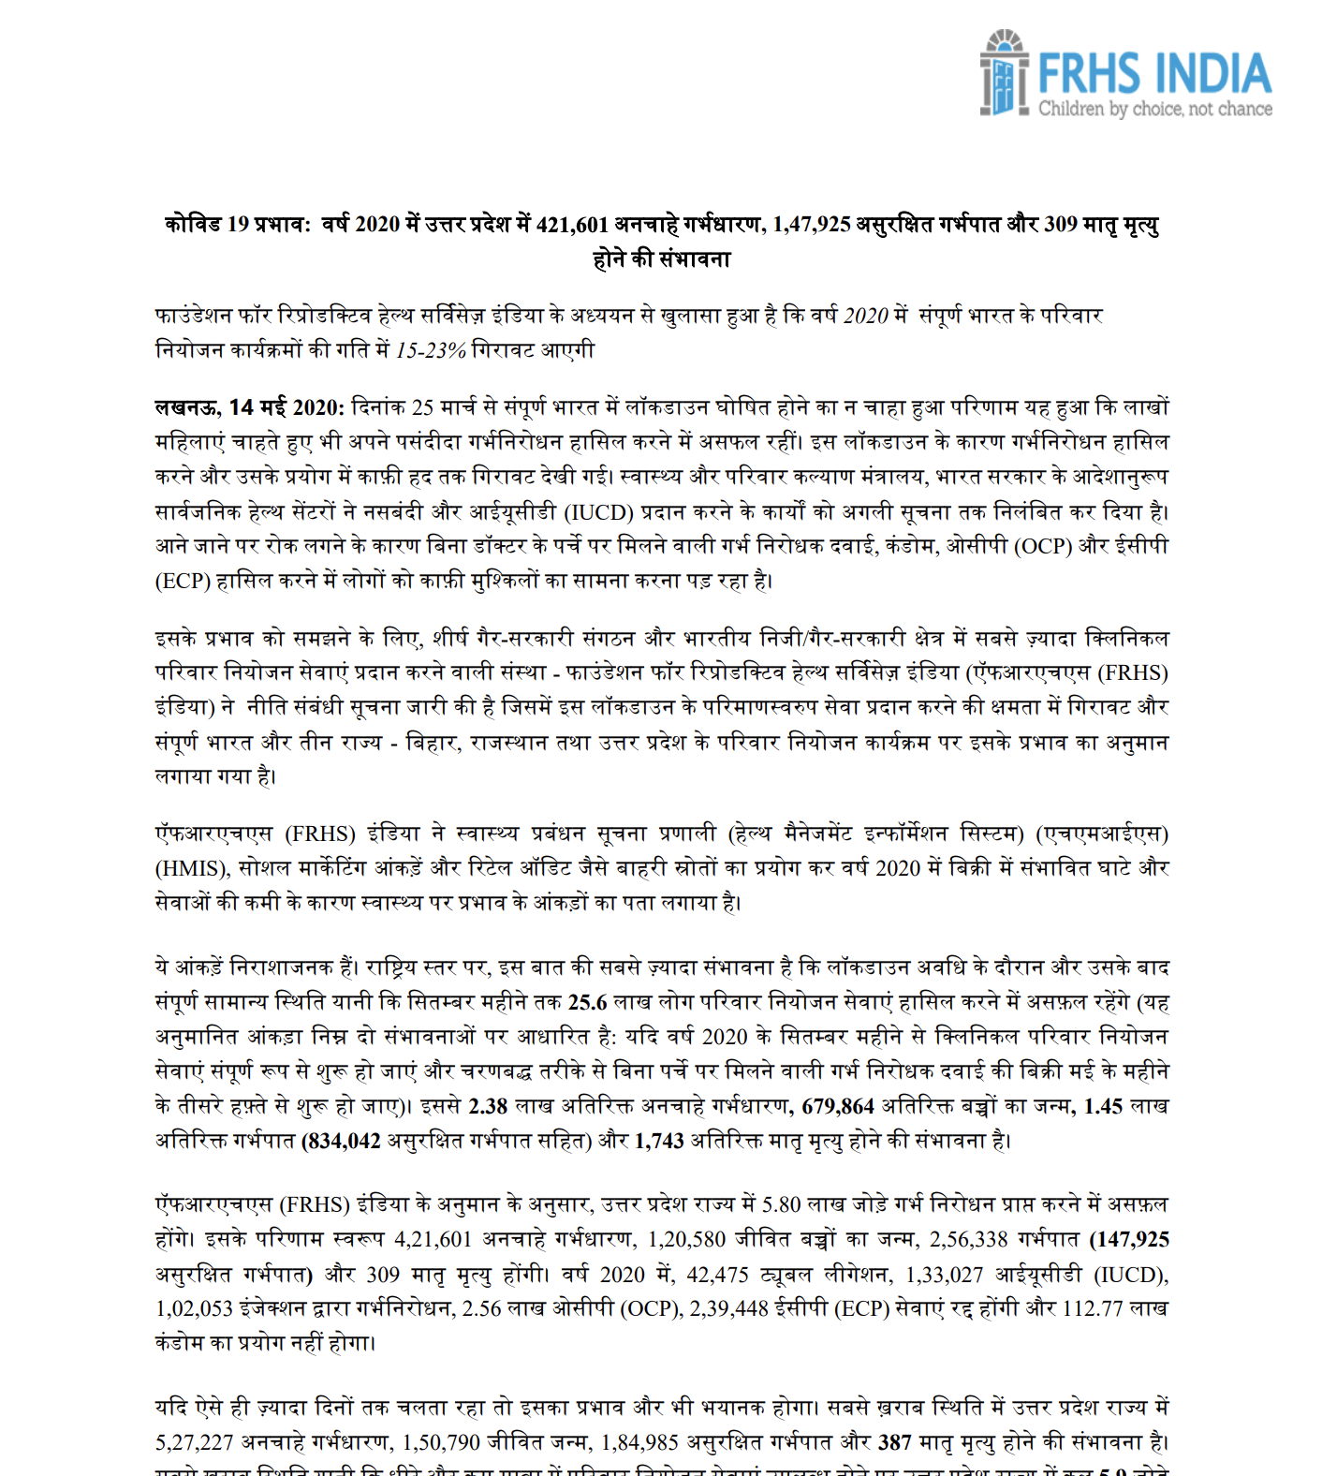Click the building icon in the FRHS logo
(x=1004, y=73)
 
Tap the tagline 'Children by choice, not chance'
(x=1154, y=109)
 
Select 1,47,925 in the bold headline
(x=812, y=225)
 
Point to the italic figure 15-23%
(x=431, y=350)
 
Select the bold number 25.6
(x=587, y=1002)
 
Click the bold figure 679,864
(x=838, y=1106)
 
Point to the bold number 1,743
(x=659, y=1141)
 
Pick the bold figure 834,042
(x=341, y=1141)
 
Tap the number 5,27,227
(x=194, y=1442)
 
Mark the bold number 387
(x=895, y=1442)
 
